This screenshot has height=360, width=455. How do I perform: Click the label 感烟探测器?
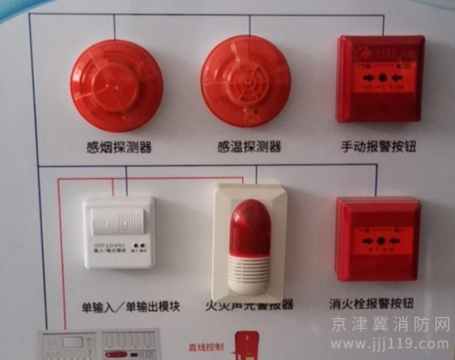(118, 147)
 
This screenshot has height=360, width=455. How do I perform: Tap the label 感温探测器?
(249, 147)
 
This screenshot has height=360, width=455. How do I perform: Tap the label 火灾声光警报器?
(248, 305)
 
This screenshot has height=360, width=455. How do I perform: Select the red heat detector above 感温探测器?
(246, 80)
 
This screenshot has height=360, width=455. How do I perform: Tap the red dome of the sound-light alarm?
(250, 226)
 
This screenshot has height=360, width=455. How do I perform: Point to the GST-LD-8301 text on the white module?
(110, 244)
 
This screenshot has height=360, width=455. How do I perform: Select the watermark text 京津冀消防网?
(390, 324)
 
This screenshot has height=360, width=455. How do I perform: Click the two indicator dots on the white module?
(141, 245)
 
